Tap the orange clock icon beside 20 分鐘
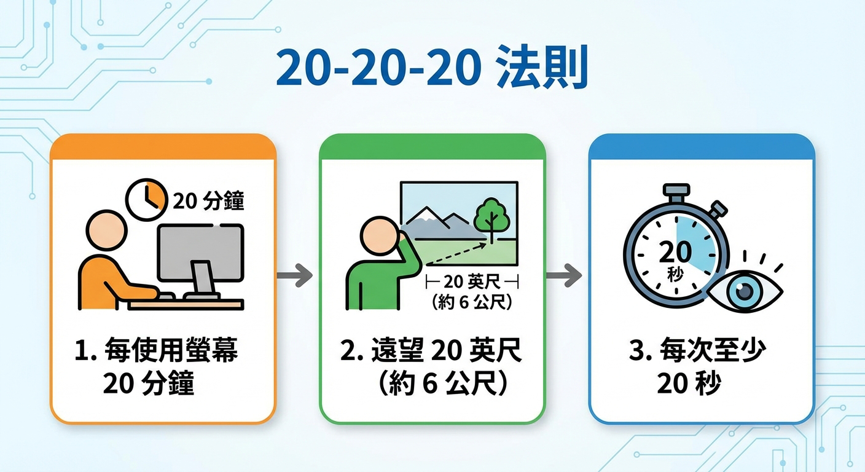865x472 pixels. tap(146, 199)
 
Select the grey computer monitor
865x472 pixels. tap(200, 252)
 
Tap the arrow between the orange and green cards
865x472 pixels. tap(296, 275)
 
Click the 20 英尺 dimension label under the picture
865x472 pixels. tap(472, 283)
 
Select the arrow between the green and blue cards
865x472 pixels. tap(564, 275)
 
